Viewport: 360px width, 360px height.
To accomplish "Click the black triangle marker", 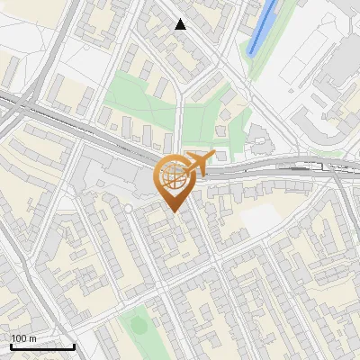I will coord(181,24).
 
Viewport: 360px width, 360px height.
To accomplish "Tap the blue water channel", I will coord(264,28).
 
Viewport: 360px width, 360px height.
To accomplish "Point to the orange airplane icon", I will coord(195,164).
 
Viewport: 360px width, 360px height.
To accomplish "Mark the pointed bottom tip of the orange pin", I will coord(173,211).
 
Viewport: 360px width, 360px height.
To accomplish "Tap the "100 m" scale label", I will coord(24,337).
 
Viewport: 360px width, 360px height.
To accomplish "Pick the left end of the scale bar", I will coord(11,346).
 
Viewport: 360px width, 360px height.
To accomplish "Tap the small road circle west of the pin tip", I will coord(128,208).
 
